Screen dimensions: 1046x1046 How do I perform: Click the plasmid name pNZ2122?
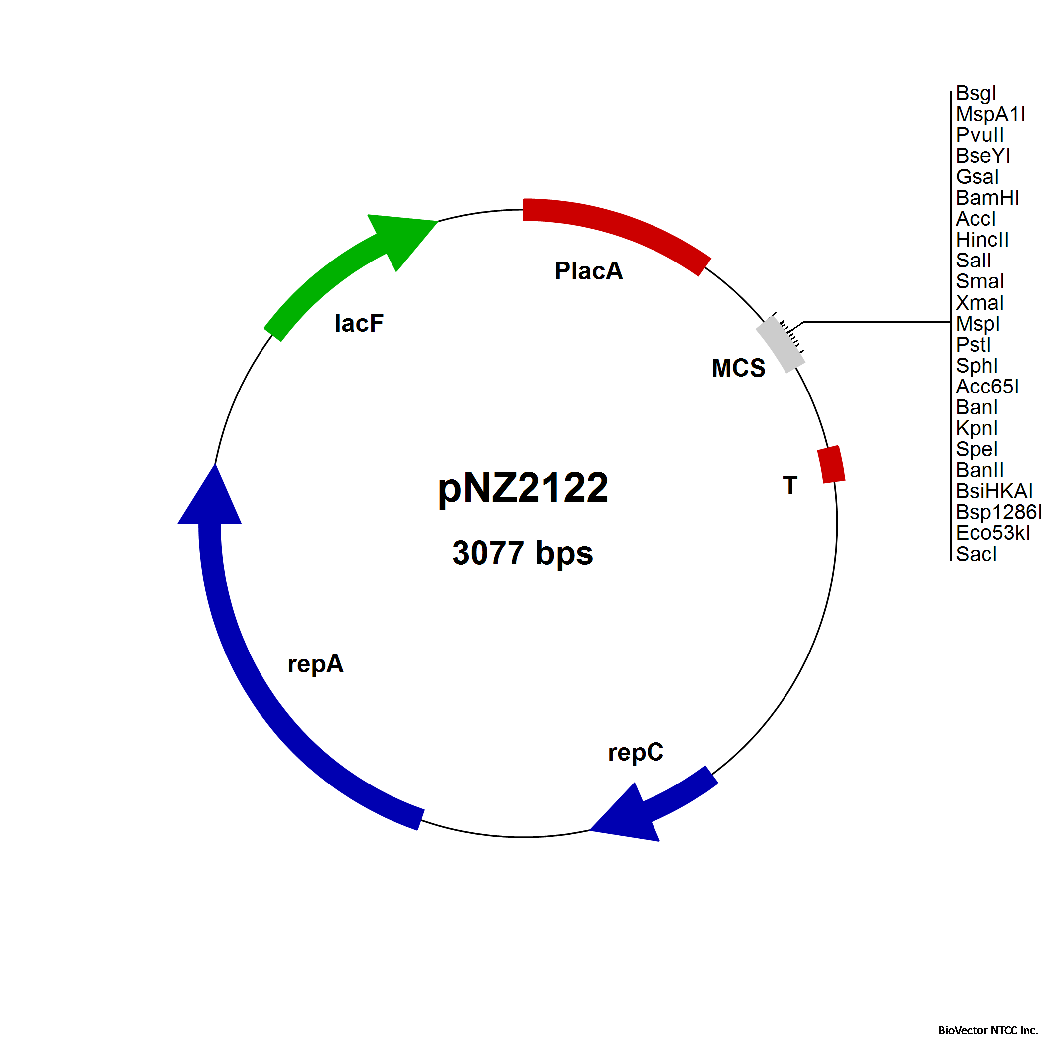tap(523, 487)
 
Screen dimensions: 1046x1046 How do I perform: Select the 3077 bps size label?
tap(523, 553)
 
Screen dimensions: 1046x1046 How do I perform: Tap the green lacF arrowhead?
tap(403, 238)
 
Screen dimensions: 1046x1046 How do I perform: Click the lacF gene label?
tap(359, 323)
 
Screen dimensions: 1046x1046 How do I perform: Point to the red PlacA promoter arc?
tap(617, 228)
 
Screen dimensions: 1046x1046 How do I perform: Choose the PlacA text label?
tap(589, 270)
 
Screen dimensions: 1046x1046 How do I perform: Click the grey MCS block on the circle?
tap(780, 344)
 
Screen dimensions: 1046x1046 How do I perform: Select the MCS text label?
tap(738, 368)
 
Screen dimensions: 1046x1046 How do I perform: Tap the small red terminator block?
tap(831, 464)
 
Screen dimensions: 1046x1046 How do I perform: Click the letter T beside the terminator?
tap(790, 485)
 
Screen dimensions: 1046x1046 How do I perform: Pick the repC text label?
tap(635, 752)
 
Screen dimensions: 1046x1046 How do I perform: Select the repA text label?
tap(315, 664)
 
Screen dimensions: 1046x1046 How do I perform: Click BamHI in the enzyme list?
tap(987, 198)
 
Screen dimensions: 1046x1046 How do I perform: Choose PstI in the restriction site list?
tap(973, 344)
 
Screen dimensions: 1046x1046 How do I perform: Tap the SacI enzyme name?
tap(976, 554)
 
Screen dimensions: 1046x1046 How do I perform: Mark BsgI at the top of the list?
tap(976, 93)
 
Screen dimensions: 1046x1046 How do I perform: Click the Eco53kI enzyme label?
tap(992, 533)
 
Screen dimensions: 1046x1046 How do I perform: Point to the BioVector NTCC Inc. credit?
tap(987, 1030)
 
